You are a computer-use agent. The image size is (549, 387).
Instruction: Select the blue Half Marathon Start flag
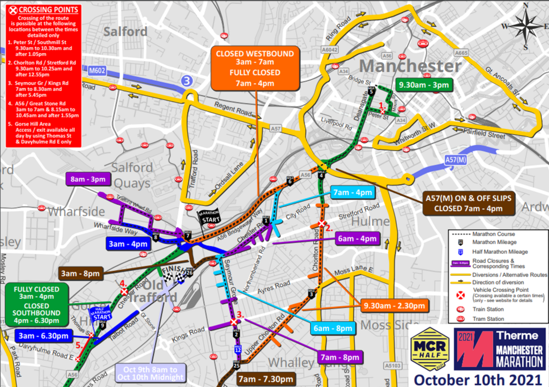pos(102,312)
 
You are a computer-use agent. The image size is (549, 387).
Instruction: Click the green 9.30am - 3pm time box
pos(423,85)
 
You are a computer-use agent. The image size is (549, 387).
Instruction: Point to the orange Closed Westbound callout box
pos(255,68)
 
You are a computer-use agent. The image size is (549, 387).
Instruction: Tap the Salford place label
pos(125,32)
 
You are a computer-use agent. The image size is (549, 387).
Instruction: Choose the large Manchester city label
pos(410,67)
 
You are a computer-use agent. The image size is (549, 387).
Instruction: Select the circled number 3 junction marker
pos(186,82)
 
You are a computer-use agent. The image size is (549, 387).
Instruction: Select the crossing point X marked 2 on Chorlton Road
pos(322,223)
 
